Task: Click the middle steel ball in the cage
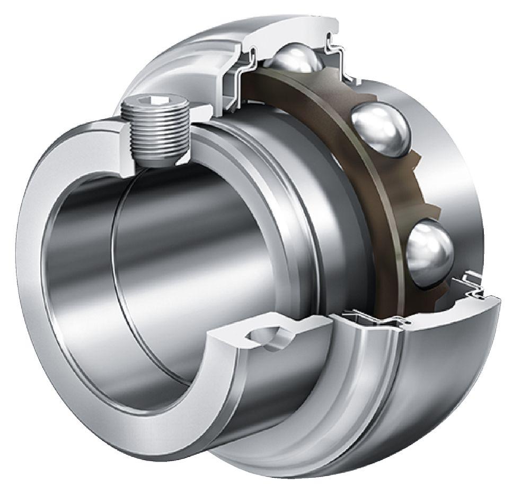click(x=381, y=129)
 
